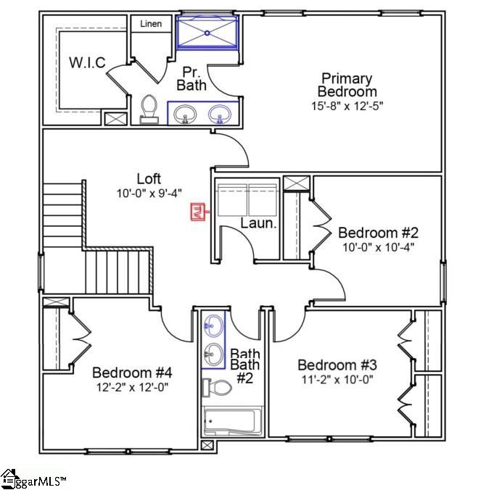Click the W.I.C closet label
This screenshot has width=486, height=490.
(88, 63)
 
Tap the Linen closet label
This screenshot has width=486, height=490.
(151, 24)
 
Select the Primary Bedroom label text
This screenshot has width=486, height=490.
(347, 85)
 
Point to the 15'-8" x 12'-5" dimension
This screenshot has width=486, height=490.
(347, 106)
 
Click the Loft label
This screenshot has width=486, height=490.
(149, 178)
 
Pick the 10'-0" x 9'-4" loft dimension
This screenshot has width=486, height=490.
(149, 193)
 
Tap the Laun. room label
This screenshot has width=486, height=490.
(259, 223)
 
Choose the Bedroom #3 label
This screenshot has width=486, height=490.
(337, 364)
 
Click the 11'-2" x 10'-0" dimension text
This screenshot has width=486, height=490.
(337, 379)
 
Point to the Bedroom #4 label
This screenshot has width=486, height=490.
(132, 373)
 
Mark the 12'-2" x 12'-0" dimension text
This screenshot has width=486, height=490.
(132, 388)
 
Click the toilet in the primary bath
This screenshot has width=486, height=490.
(149, 109)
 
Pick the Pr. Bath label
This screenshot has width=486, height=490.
(191, 78)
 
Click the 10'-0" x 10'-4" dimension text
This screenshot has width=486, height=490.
(378, 247)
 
